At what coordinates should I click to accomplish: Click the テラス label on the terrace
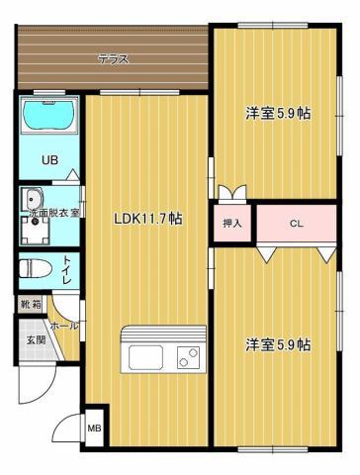pyautogui.click(x=113, y=59)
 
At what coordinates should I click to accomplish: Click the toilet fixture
pyautogui.click(x=36, y=267)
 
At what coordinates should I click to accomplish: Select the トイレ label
pyautogui.click(x=66, y=267)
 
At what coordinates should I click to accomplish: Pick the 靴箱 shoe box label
pyautogui.click(x=31, y=305)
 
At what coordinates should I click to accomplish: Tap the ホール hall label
pyautogui.click(x=63, y=325)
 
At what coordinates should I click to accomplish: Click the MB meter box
pyautogui.click(x=96, y=428)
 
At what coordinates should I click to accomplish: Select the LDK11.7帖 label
pyautogui.click(x=146, y=219)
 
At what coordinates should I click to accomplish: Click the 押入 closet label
pyautogui.click(x=231, y=223)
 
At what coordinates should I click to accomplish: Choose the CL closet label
pyautogui.click(x=296, y=223)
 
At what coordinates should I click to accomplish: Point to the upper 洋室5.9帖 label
pyautogui.click(x=278, y=114)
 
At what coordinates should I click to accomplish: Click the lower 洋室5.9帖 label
pyautogui.click(x=278, y=345)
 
